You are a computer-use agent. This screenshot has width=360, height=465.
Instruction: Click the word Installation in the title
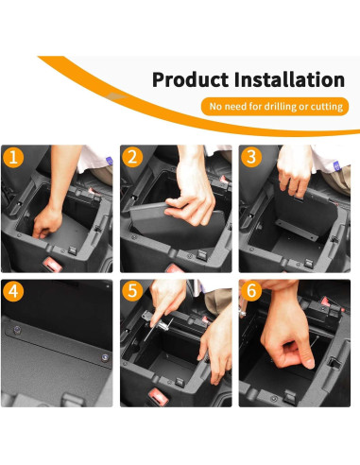[x=289, y=80]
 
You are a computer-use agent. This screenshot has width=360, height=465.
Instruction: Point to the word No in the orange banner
[x=216, y=107]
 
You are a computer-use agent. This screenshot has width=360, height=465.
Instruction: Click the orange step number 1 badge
[x=13, y=158]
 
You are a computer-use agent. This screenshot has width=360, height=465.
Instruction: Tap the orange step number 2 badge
[x=133, y=158]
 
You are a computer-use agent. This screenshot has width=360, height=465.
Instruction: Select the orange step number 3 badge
[x=252, y=158]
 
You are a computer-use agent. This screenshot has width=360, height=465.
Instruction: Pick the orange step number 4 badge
[x=13, y=291]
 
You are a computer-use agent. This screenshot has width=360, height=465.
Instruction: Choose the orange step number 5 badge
[x=133, y=291]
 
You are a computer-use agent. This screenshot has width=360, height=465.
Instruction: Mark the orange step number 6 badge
[x=252, y=291]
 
